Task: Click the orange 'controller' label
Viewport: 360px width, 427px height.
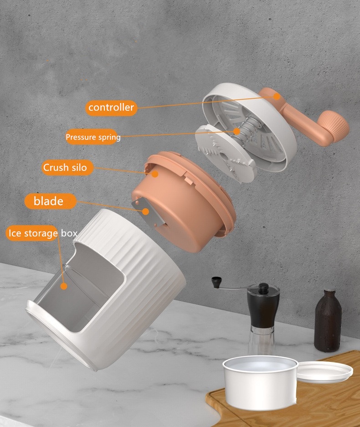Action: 111,108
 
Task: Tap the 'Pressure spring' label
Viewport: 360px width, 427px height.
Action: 93,137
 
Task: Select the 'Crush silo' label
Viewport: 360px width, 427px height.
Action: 65,167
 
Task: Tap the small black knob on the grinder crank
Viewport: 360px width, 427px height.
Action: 216,282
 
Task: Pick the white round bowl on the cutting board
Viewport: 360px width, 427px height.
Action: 260,381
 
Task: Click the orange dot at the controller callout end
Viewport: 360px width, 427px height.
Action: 277,96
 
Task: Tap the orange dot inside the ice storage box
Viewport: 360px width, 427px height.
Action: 64,286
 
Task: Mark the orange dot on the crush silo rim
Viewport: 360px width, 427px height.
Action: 155,174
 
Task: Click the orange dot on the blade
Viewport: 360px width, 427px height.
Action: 146,211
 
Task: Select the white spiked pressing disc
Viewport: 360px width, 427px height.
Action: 226,154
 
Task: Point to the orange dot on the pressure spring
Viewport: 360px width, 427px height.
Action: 237,131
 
